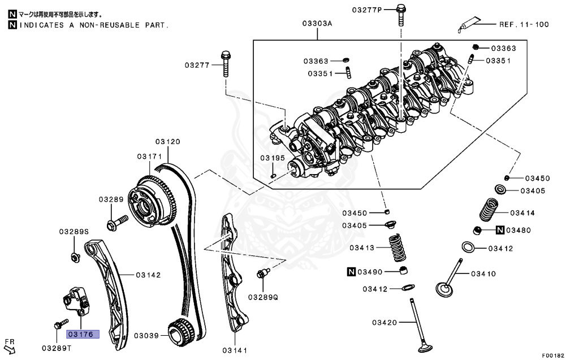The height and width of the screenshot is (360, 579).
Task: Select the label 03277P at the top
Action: tap(368, 10)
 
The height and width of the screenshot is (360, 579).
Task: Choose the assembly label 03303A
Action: tap(317, 24)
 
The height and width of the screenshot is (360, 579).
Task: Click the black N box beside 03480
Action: tap(500, 230)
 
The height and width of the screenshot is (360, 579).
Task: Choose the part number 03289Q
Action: tap(263, 297)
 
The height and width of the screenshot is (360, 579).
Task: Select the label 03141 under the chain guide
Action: tap(235, 350)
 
